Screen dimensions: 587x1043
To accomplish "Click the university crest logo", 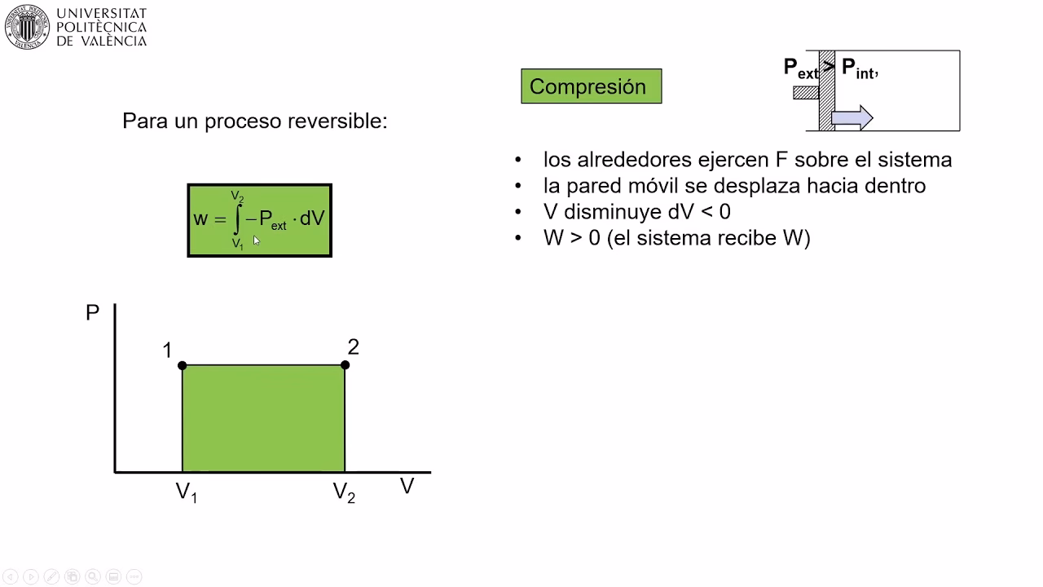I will point(29,28).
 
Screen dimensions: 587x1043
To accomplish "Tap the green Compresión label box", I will point(591,86).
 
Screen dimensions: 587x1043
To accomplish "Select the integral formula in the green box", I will point(260,220).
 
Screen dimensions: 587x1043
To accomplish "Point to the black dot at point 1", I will point(183,365).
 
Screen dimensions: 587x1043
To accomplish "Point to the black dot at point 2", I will point(345,365).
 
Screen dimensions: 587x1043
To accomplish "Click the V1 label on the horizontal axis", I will point(187,492).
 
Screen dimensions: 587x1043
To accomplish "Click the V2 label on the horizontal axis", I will point(344,492).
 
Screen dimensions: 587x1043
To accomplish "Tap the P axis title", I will point(93,313).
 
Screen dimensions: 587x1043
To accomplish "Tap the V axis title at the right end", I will point(407,487).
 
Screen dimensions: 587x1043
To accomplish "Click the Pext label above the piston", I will point(800,68).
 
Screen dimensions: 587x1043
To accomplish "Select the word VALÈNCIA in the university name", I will point(112,41).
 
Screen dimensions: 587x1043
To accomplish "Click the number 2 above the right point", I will point(353,347).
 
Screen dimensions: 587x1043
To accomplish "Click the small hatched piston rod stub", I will point(806,93).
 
